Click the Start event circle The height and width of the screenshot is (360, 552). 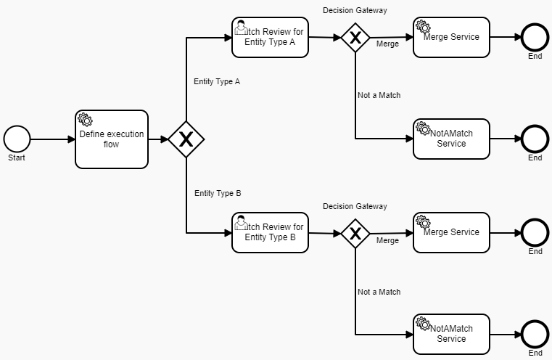[x=17, y=139]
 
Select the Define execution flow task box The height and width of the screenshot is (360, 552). [x=112, y=139]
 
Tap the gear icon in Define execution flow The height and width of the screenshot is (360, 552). [x=84, y=119]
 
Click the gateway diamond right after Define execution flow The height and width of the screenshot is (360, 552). [x=186, y=139]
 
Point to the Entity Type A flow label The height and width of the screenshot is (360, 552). [x=216, y=82]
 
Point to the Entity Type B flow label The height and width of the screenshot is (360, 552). [x=218, y=194]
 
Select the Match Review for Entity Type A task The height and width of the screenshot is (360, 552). [x=270, y=37]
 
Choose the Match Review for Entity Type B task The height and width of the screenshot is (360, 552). [x=270, y=232]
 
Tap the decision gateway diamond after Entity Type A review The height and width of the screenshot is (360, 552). [x=355, y=38]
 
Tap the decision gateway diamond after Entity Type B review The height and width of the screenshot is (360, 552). [x=355, y=233]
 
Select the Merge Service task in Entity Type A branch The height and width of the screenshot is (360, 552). [x=451, y=37]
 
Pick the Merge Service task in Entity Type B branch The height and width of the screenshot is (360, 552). [x=451, y=232]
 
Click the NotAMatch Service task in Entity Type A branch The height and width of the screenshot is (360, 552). [x=451, y=139]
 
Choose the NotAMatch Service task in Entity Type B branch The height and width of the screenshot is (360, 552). [x=451, y=334]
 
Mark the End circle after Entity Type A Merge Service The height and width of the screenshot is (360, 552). [x=535, y=37]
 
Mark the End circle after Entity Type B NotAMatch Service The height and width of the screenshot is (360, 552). [x=535, y=334]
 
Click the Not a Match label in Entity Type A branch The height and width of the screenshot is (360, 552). [x=379, y=95]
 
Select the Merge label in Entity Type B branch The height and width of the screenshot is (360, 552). [x=387, y=240]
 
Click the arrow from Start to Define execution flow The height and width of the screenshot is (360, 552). [x=52, y=139]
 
